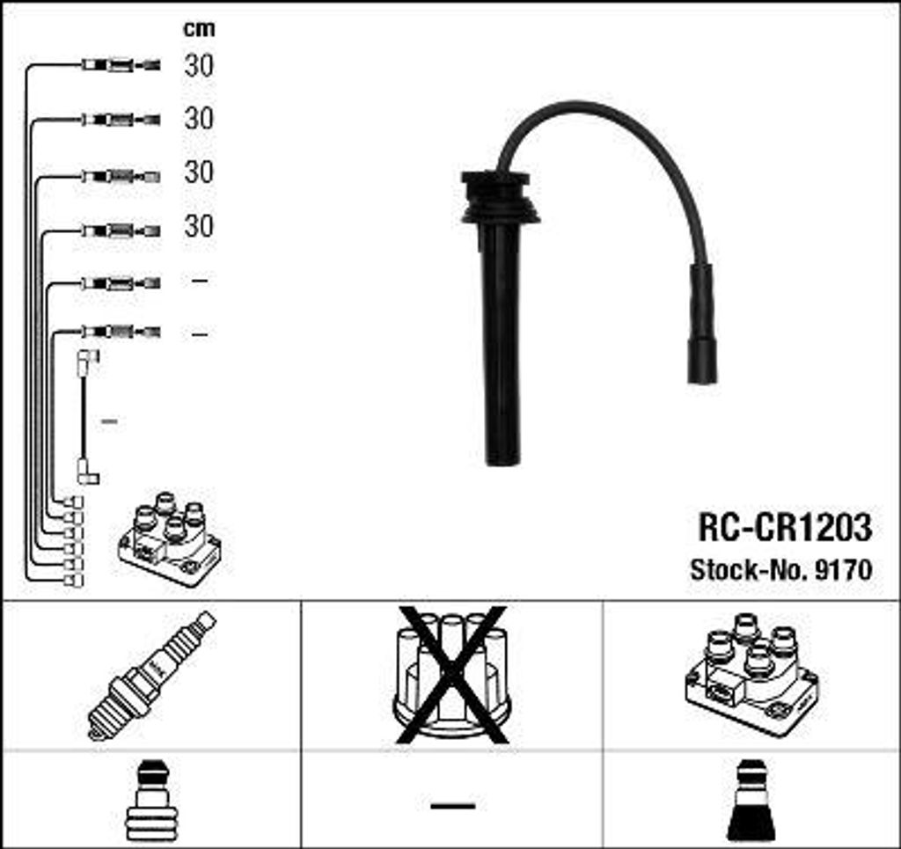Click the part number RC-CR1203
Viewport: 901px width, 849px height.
click(x=785, y=527)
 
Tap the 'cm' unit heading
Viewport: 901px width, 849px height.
click(x=199, y=28)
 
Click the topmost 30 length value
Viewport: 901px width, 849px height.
click(x=199, y=65)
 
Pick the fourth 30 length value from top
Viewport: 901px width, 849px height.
click(x=199, y=226)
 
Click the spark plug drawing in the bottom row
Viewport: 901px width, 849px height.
click(x=151, y=676)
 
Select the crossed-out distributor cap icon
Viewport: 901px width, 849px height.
click(x=451, y=676)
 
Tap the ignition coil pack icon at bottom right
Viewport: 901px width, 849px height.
click(x=751, y=675)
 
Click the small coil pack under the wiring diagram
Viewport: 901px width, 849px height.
click(x=170, y=538)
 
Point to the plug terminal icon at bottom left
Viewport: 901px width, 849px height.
click(x=150, y=801)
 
